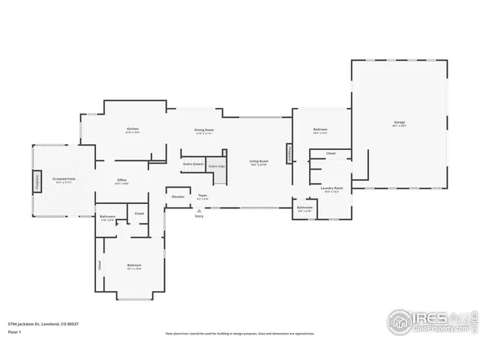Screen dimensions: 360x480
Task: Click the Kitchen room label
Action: pos(133,130)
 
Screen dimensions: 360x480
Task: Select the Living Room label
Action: pos(259,162)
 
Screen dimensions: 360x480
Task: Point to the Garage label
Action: pos(399,123)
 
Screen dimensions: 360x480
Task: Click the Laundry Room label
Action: pos(332,188)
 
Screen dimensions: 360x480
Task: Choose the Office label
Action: pos(121,181)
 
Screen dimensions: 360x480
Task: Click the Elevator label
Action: pos(178,196)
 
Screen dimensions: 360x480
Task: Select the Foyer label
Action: pos(202,196)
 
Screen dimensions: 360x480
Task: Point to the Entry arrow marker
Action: pos(199,211)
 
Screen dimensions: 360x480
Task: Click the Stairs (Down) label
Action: pos(193,163)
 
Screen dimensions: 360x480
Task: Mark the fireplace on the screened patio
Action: pos(35,181)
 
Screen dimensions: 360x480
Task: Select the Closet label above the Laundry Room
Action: pos(331,153)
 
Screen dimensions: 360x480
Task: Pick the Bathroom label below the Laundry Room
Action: pos(304,208)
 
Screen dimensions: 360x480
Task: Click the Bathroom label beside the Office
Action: pos(107,217)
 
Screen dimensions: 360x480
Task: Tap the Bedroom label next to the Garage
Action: pos(320,130)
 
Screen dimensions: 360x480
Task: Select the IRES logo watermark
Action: pos(431,319)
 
